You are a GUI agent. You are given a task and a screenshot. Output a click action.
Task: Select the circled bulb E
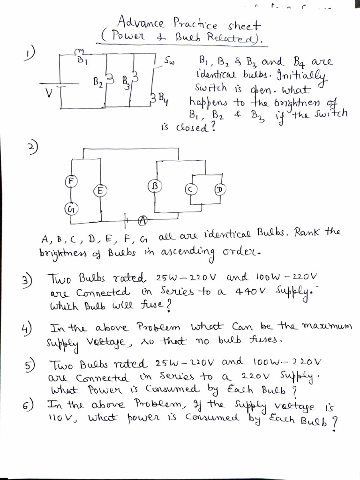tap(99, 190)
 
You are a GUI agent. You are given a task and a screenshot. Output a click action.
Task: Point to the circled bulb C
tap(190, 188)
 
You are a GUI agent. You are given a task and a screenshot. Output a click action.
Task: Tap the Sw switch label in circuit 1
tap(169, 61)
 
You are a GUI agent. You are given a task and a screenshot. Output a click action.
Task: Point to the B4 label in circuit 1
tap(160, 98)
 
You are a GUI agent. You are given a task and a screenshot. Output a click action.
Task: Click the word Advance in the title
tap(140, 22)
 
